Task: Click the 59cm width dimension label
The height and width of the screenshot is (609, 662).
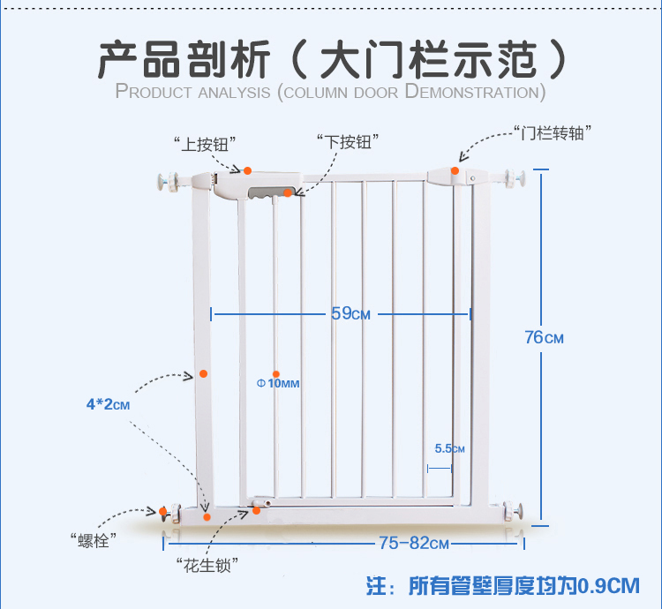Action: tap(350, 313)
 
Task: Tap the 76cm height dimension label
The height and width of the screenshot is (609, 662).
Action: tap(544, 337)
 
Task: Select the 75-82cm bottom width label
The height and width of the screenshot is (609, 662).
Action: tap(413, 543)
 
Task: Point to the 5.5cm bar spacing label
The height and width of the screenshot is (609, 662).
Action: tap(449, 448)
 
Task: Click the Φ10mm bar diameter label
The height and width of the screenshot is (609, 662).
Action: tap(278, 383)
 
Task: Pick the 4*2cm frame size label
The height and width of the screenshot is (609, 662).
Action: tap(108, 404)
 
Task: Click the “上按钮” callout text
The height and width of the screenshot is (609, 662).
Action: tap(205, 145)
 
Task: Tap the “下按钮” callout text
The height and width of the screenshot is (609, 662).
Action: tap(348, 142)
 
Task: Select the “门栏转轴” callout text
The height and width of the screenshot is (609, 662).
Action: tap(553, 133)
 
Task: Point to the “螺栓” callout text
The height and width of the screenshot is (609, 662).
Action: tap(93, 540)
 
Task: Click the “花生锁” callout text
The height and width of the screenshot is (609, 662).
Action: tap(207, 565)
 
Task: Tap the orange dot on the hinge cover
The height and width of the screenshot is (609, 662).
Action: tap(455, 170)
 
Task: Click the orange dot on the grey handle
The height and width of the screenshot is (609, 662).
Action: tap(288, 193)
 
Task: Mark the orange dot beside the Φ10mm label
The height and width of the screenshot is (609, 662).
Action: tap(276, 374)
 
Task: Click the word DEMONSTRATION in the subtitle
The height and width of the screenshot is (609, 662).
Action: tap(475, 92)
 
